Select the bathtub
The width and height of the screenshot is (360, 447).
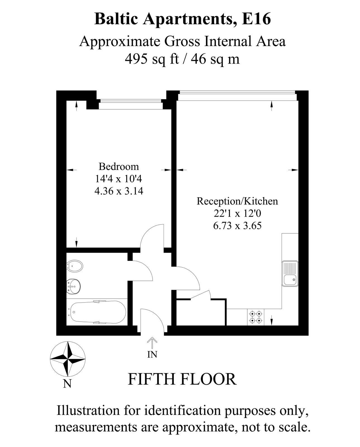pos(98,312)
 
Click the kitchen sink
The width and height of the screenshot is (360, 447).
pos(290,274)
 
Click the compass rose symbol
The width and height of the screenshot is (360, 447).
pos(67,359)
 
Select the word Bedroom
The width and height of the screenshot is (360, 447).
pos(119,167)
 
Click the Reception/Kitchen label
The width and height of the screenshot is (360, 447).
pos(237,201)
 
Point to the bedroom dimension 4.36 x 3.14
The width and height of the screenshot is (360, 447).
pos(119,191)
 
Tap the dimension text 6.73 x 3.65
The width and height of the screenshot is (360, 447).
pos(237,225)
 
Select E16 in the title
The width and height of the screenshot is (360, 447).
pos(256,20)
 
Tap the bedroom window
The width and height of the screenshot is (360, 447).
pos(131,104)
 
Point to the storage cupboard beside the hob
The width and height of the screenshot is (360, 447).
pos(201,313)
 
